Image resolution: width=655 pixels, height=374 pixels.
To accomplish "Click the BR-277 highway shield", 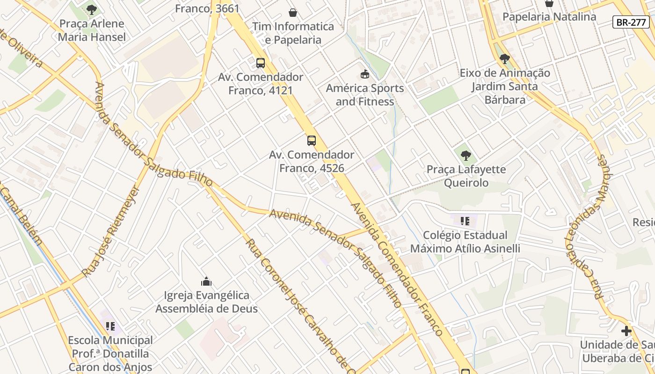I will coord(631,22).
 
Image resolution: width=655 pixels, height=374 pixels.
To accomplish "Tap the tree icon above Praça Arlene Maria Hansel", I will coord(92,9).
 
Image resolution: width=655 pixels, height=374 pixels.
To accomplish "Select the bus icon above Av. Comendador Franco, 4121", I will coord(261,63).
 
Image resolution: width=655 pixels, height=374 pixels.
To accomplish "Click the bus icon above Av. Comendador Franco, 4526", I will coord(312,140).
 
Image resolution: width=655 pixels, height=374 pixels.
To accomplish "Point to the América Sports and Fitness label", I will coord(365,95).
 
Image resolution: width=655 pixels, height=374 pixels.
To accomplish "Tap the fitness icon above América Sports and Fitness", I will coord(365,74).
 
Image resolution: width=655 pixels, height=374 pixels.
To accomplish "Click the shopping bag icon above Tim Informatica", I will coord(293,12).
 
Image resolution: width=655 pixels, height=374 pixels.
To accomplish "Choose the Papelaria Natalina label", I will coord(549,17).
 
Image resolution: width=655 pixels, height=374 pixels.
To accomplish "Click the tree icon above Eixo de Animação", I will coord(504,59).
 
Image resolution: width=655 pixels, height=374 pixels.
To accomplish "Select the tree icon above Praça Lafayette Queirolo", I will coord(466,155).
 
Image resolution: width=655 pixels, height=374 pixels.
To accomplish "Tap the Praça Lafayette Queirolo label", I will coord(466,176).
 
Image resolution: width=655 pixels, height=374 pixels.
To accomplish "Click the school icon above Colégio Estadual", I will coord(465,221).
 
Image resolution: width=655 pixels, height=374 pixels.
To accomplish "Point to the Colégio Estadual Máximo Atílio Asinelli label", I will coord(465,242).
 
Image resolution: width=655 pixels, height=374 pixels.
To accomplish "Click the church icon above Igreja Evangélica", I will coord(206,281).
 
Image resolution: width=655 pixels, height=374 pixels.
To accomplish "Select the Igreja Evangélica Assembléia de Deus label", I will coord(206,302).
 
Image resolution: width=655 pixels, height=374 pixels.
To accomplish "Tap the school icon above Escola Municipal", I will coord(110,326).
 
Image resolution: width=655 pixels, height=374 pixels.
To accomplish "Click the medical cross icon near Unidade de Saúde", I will coord(626,331).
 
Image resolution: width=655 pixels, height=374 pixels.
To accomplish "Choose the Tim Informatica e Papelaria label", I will coord(293,33).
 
